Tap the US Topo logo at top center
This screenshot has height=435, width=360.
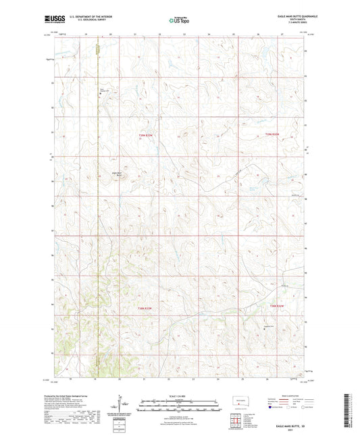tap(179, 20)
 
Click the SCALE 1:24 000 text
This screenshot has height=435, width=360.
tap(180, 395)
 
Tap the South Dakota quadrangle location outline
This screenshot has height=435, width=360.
tap(237, 401)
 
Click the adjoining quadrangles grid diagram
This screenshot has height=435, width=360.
tap(237, 421)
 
